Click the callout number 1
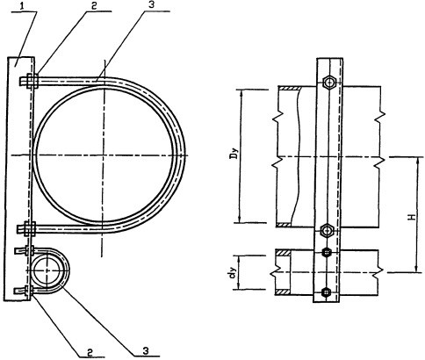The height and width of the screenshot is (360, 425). point(23,7)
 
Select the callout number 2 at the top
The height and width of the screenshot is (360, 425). point(93,7)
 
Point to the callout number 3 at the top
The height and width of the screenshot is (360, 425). point(151,6)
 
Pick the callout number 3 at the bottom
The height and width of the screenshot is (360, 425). point(146,350)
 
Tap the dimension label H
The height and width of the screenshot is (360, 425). point(412,217)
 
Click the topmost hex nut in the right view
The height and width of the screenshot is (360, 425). point(329,83)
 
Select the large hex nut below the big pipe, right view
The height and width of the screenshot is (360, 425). point(327,231)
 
